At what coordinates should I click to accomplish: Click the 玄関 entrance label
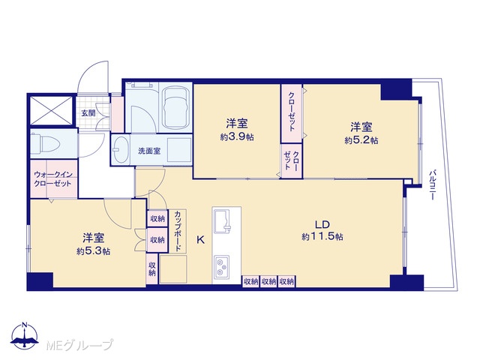[88, 113]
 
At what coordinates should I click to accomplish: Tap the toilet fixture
[47, 143]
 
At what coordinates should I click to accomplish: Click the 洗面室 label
[149, 151]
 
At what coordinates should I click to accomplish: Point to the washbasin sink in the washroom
[121, 150]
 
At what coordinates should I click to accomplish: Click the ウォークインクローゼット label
[52, 179]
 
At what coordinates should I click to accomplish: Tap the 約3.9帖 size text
[237, 136]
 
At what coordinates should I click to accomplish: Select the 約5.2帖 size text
[361, 140]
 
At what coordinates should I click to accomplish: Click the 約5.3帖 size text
[94, 251]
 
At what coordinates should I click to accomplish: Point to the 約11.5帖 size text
[322, 237]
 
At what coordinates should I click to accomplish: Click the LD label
[322, 225]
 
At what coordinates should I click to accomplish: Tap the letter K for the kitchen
[200, 240]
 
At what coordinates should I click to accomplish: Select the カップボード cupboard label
[178, 231]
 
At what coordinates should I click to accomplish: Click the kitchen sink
[223, 221]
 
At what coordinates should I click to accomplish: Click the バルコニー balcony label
[432, 185]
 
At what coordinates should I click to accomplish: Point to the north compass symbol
[25, 336]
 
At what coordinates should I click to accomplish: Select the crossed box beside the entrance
[52, 110]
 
